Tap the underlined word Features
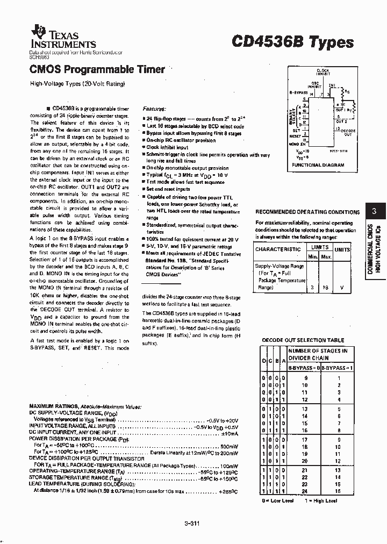pyautogui.click(x=154, y=108)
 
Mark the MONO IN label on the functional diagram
pyautogui.click(x=298, y=144)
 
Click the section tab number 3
pyautogui.click(x=374, y=211)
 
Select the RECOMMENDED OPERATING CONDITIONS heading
pyautogui.click(x=307, y=212)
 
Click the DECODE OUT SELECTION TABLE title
pyautogui.click(x=303, y=340)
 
